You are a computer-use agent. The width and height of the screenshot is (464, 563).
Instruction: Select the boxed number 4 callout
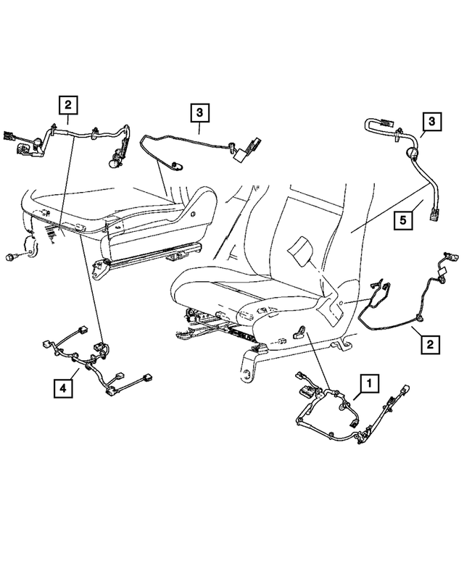[x=65, y=389]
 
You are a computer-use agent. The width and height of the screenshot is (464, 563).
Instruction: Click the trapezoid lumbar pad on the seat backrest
[x=299, y=251]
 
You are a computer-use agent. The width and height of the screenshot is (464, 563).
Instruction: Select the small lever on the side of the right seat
[x=299, y=332]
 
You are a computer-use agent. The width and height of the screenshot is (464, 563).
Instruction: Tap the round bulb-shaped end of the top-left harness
[x=113, y=164]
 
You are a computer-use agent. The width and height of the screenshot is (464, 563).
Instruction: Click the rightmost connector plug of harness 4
[x=148, y=378]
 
